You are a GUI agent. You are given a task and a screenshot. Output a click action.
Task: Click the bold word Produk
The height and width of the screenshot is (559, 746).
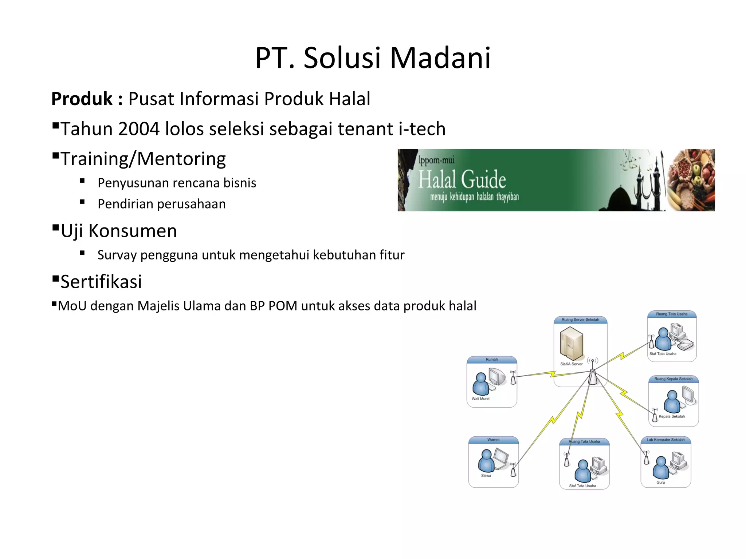[x=82, y=99]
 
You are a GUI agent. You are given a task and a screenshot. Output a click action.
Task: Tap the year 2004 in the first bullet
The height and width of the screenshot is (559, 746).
[x=138, y=129]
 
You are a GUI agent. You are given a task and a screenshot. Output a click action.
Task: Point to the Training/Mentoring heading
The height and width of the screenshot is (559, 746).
[x=143, y=159]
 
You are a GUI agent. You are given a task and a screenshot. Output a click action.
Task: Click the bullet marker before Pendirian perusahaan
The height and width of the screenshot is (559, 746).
[x=82, y=202]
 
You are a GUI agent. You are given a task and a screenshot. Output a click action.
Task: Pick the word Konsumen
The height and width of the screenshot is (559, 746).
[x=133, y=231]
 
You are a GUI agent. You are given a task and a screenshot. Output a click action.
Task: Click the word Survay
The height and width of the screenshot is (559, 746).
[x=117, y=255]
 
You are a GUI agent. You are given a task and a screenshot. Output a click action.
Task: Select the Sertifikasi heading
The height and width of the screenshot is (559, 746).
[x=101, y=282]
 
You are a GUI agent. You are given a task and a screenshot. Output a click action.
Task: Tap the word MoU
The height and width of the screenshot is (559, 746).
[x=72, y=306]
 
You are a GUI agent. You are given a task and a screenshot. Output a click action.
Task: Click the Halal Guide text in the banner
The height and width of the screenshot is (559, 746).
[x=462, y=179]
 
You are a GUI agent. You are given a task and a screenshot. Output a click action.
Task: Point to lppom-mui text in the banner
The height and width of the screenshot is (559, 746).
[x=436, y=160]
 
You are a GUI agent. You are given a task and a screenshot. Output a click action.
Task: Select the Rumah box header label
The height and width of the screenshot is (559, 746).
[x=491, y=360]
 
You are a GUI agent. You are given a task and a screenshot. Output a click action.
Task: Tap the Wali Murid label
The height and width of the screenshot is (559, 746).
[x=480, y=399]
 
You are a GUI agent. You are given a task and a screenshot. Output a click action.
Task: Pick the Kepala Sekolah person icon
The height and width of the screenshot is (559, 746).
[x=672, y=401]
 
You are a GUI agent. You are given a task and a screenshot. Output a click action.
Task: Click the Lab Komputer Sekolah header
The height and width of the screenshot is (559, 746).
[x=665, y=440]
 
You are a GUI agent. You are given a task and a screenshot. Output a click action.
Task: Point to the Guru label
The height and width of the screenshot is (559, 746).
[x=660, y=483]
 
